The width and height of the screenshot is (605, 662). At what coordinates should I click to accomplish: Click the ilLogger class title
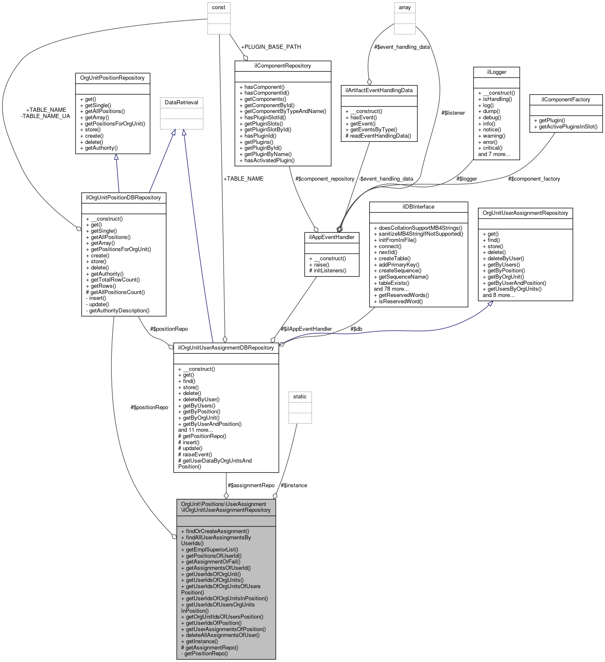pos(497,72)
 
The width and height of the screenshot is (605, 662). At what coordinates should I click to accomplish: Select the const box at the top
pos(219,8)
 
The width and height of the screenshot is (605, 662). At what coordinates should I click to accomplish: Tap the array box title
pos(404,8)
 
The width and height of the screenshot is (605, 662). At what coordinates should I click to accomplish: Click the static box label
pos(300,397)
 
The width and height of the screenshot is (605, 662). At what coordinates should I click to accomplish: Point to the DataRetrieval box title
pos(181,103)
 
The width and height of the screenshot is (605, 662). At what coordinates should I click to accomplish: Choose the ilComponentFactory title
pos(565,100)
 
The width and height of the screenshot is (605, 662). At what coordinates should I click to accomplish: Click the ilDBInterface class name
pos(418,207)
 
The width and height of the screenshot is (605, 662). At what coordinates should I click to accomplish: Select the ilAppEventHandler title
pos(331,237)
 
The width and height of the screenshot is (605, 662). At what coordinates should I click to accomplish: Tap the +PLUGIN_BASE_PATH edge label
pos(271,47)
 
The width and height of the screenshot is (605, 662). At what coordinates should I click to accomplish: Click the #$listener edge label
pos(453,113)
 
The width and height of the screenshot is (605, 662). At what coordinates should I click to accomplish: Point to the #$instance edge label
pos(294,486)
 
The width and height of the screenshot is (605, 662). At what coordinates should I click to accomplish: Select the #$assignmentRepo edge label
pos(251,486)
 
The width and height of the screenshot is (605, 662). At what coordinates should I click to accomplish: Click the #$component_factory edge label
pos(534,179)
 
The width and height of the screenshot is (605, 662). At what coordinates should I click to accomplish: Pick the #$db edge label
pos(356,329)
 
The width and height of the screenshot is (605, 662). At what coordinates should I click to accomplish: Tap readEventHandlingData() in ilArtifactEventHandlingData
pos(380,136)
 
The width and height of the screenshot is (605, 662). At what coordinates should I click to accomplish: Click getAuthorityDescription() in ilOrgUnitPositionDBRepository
pos(119,311)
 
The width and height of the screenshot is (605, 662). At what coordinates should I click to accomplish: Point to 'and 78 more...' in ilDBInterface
pos(391,289)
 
